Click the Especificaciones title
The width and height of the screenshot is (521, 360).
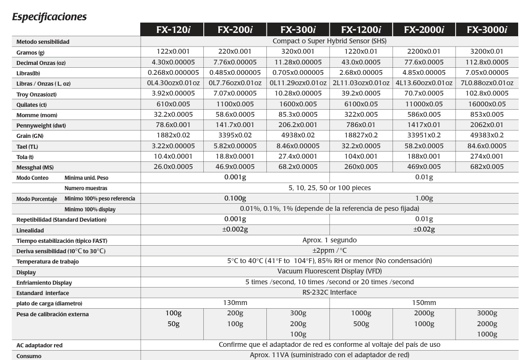[x=49, y=17]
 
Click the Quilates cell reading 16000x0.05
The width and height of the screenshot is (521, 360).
[x=487, y=104]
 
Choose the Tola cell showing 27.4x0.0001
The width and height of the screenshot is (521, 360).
[x=298, y=156]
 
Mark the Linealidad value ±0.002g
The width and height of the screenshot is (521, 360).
[x=235, y=229]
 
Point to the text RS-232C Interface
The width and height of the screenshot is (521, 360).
[x=329, y=292]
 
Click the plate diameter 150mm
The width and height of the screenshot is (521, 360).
[x=424, y=303]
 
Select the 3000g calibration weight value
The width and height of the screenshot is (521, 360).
[x=487, y=313]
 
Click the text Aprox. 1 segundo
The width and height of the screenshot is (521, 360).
[x=329, y=240]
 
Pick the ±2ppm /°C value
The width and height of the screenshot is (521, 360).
[x=329, y=250]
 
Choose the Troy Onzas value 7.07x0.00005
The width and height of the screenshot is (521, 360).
[x=235, y=94]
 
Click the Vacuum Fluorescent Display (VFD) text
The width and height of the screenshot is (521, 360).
[x=329, y=272]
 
